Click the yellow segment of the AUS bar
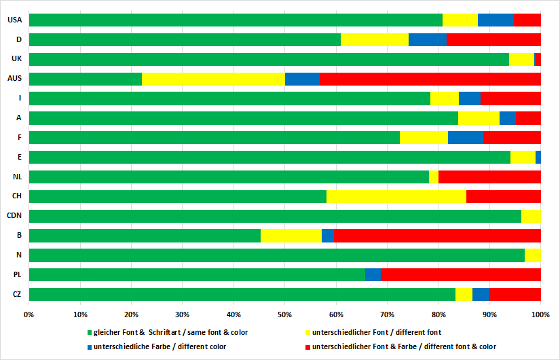tap(213, 79)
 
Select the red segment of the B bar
tap(437, 236)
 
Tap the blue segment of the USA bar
tap(496, 20)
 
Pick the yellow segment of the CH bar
tap(396, 196)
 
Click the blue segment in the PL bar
tap(373, 275)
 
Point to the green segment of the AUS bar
tap(86, 79)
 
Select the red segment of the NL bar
tap(489, 177)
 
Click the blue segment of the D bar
tap(427, 39)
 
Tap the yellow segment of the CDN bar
tap(531, 216)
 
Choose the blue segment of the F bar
tap(465, 138)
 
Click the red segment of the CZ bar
tap(515, 294)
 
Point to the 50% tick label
tap(285, 314)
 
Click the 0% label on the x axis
tap(29, 314)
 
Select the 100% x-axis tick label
tap(540, 314)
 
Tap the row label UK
tap(17, 59)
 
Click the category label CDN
tap(15, 216)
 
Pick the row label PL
tap(17, 275)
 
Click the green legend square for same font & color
tap(89, 333)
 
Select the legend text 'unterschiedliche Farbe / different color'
tap(160, 346)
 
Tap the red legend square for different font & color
tap(307, 346)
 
